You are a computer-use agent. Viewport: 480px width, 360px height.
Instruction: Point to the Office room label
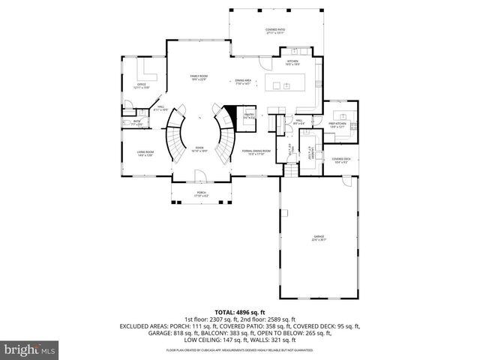[141, 85]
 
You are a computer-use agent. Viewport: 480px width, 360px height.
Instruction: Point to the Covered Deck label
[341, 160]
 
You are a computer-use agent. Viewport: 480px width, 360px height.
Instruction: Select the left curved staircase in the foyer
[175, 135]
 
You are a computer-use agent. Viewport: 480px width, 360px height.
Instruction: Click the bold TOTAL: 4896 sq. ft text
[239, 311]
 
